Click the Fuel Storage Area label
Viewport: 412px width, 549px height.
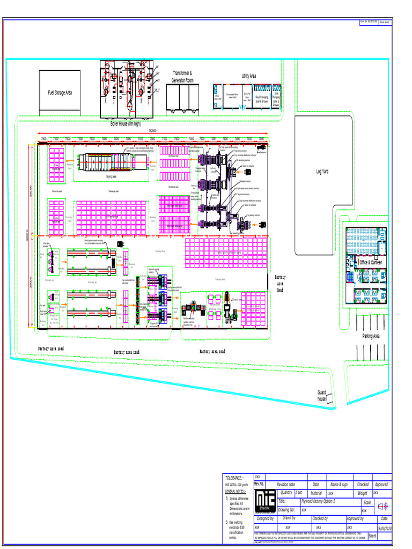click(60, 93)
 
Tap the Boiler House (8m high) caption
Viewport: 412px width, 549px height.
click(126, 123)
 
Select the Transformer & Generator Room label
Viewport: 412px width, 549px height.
click(182, 77)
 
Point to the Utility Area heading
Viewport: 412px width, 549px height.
click(249, 76)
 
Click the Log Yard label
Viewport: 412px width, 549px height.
click(322, 172)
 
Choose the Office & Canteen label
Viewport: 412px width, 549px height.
click(371, 263)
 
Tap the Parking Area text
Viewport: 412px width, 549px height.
click(370, 336)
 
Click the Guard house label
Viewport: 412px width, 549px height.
click(321, 396)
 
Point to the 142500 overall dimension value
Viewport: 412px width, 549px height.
click(152, 130)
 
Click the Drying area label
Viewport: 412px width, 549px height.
click(112, 176)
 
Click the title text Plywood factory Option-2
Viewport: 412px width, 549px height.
click(318, 501)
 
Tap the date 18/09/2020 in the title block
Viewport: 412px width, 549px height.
click(384, 528)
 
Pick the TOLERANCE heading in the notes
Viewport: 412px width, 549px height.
click(234, 478)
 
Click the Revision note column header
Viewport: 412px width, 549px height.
click(285, 484)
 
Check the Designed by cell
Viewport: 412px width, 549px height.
click(265, 518)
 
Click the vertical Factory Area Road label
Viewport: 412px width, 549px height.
click(281, 284)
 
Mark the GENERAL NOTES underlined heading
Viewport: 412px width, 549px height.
click(234, 491)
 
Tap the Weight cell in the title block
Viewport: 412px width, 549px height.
click(363, 493)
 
